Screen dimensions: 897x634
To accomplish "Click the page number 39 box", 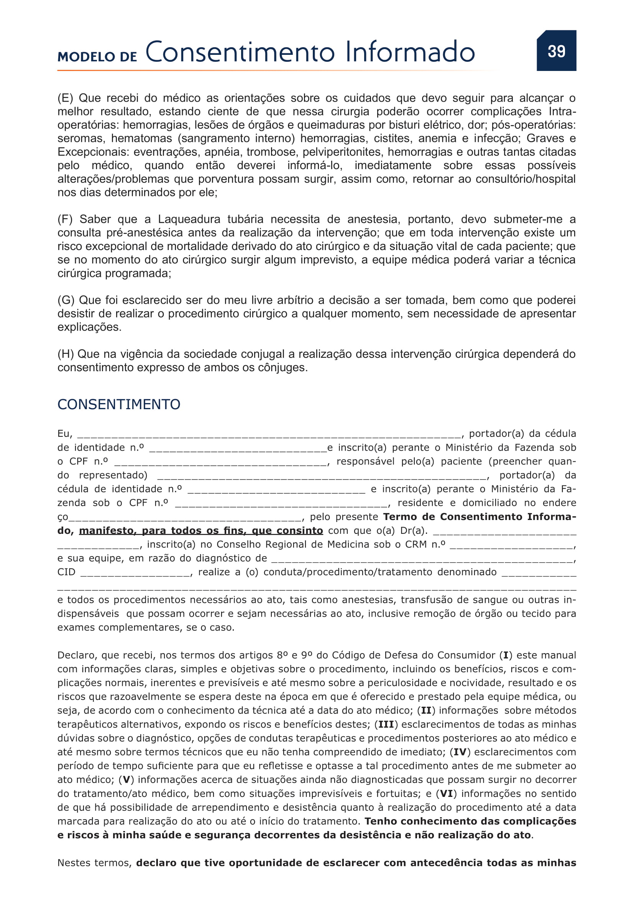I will pyautogui.click(x=556, y=51).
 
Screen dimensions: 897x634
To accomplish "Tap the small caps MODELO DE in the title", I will pyautogui.click(x=97, y=57).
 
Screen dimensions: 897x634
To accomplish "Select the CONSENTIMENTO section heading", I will pyautogui.click(x=119, y=404).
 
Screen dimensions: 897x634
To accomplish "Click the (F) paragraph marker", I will pyautogui.click(x=65, y=220).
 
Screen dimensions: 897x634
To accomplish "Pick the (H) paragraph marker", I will pyautogui.click(x=66, y=354).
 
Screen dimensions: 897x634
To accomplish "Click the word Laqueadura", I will pyautogui.click(x=189, y=220).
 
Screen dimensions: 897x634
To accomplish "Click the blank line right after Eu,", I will pyautogui.click(x=269, y=435).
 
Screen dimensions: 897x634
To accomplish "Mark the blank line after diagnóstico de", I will pyautogui.click(x=422, y=560).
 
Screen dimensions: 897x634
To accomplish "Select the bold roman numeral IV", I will pyautogui.click(x=460, y=752).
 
